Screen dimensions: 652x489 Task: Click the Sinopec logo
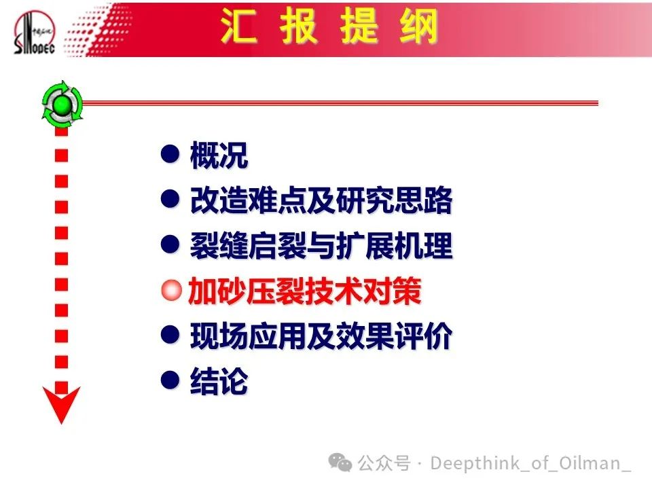pos(34,33)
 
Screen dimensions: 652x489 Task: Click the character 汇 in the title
pos(238,26)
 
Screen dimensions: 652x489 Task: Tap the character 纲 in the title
pos(418,26)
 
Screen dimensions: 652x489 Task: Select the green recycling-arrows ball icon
pos(62,104)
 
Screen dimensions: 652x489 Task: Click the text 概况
pos(219,156)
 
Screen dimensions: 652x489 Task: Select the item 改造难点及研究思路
pos(321,200)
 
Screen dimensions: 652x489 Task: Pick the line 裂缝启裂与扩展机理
pos(321,246)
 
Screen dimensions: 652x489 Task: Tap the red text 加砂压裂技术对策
pos(305,291)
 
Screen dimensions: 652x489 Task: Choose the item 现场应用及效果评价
pos(321,336)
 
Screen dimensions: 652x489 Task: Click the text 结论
pos(219,380)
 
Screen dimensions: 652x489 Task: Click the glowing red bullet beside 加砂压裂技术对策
pos(171,290)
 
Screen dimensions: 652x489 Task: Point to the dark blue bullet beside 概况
pos(170,153)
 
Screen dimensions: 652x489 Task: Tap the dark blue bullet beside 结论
pos(170,380)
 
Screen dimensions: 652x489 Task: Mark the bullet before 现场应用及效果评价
pos(170,334)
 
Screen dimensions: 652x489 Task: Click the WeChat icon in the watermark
pos(340,463)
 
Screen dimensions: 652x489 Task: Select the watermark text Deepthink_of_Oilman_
pos(530,463)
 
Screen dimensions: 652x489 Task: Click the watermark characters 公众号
pos(384,463)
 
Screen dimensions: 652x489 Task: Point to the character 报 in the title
pos(299,26)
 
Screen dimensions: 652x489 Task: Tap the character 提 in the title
pos(359,26)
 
